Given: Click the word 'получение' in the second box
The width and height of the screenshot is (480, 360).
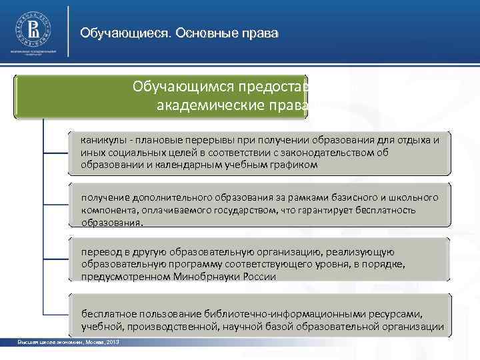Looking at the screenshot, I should (105, 198).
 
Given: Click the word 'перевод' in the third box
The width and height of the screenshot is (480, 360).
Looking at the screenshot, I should (100, 253).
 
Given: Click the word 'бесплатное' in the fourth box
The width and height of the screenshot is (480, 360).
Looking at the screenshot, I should (108, 313).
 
